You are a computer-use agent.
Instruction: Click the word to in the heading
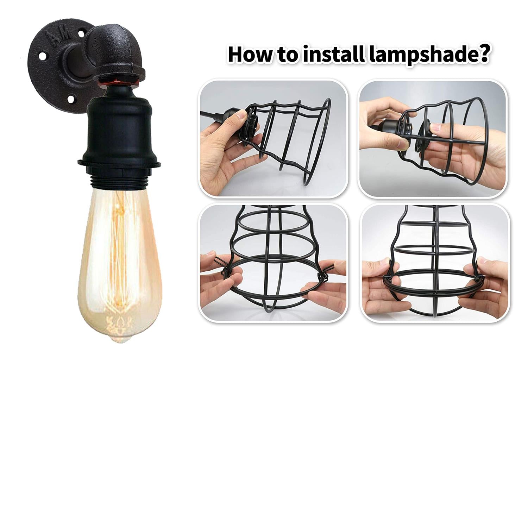tap(287, 55)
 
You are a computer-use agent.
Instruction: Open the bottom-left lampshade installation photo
tap(273, 262)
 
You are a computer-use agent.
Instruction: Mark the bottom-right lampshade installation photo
tap(435, 262)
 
